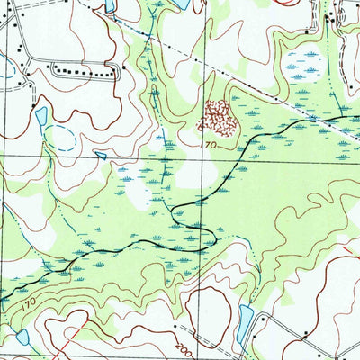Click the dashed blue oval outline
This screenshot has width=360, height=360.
[60, 138]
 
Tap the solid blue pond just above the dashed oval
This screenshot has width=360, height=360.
[40, 115]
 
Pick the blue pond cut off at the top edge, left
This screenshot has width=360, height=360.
[110, 5]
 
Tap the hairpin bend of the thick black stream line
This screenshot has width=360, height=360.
[212, 236]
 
